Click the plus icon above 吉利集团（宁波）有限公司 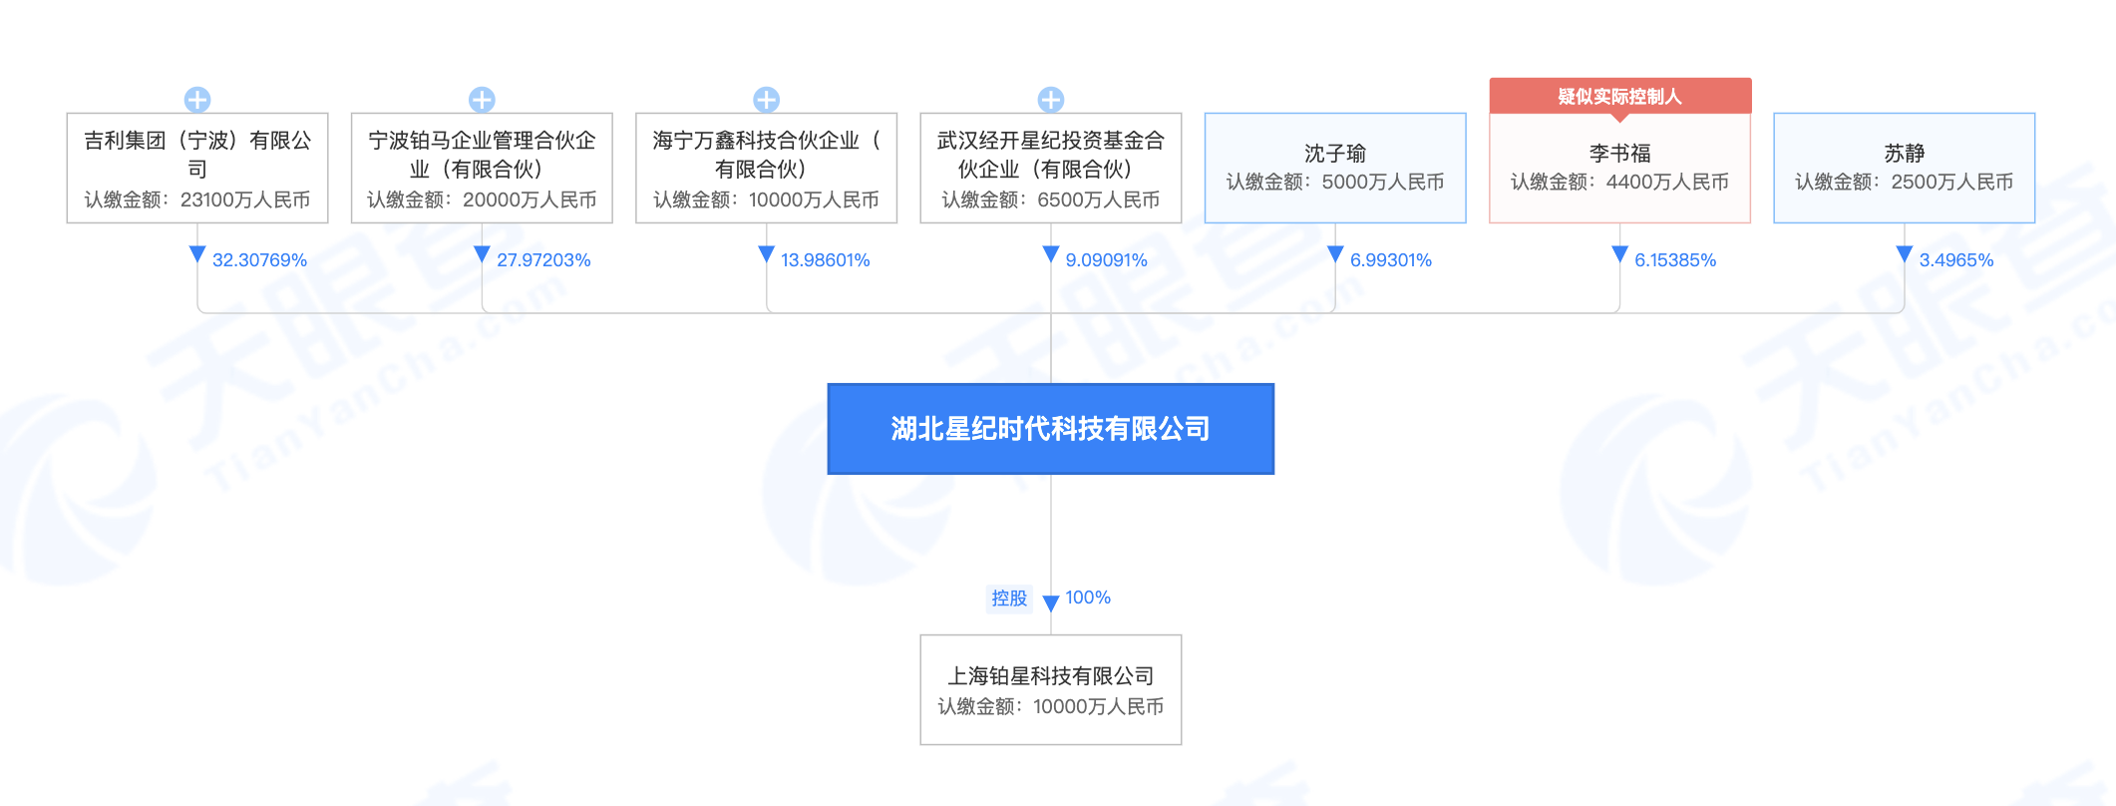(x=197, y=100)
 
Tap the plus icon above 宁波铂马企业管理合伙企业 (x=482, y=100)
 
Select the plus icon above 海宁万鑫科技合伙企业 (x=766, y=100)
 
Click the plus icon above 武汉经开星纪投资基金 (x=1050, y=100)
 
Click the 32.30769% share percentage (x=259, y=260)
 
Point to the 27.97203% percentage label (x=543, y=260)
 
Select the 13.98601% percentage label (x=825, y=260)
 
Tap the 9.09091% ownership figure (x=1106, y=260)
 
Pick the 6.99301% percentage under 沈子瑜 (x=1390, y=260)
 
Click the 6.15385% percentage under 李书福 (x=1675, y=260)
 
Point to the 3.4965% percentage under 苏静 (x=1955, y=260)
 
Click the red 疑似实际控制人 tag (x=1620, y=97)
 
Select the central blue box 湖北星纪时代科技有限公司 (x=1051, y=429)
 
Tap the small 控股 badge (x=1009, y=598)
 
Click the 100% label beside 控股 (x=1088, y=598)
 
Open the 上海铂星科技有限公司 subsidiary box (x=1051, y=689)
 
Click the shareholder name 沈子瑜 (x=1335, y=154)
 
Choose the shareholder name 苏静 (x=1904, y=154)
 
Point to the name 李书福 (x=1619, y=154)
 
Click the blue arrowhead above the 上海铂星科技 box (x=1050, y=604)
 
